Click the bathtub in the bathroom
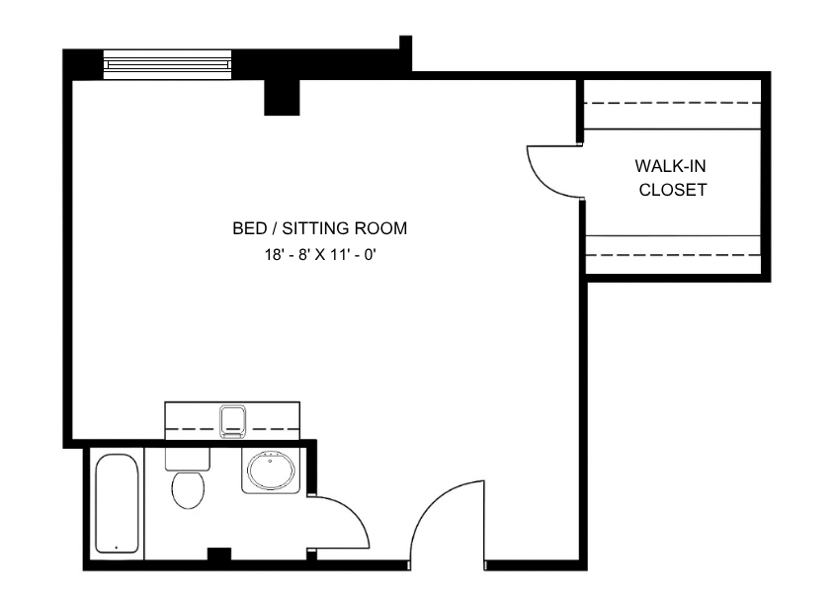tap(117, 504)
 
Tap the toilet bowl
tap(188, 489)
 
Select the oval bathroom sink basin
tap(271, 470)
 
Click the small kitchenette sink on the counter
tap(233, 421)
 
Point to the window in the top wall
tap(167, 64)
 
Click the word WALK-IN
tap(670, 166)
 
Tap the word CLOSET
tap(673, 190)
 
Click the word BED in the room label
tap(250, 228)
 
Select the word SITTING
tap(315, 228)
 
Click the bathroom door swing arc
tap(353, 512)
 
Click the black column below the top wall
tap(282, 97)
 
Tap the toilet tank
tap(188, 460)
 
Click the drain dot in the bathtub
tap(117, 548)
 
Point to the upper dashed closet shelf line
tap(673, 103)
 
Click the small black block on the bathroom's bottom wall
tap(218, 554)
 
